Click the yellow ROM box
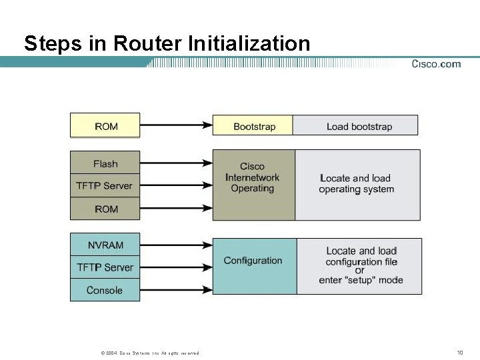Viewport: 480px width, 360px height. point(105,125)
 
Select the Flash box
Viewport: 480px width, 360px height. point(105,164)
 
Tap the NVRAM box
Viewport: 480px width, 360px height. point(105,245)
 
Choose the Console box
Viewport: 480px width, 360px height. point(105,290)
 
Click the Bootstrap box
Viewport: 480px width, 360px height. point(253,126)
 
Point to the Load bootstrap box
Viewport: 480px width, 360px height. point(356,126)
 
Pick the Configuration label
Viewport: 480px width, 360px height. point(253,261)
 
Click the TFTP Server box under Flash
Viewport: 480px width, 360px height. point(105,186)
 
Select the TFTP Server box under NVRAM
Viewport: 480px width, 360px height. point(105,267)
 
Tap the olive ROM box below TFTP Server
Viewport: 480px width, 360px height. point(105,209)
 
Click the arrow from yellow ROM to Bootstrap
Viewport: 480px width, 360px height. point(176,125)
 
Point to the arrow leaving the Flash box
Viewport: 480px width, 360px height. point(176,162)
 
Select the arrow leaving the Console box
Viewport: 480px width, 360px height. point(176,290)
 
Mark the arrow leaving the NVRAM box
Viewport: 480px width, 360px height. point(176,245)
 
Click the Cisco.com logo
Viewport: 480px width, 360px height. point(435,64)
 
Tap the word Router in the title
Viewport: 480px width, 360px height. point(149,44)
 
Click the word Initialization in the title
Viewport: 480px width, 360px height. point(249,44)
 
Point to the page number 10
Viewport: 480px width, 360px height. point(460,352)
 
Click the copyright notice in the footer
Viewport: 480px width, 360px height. point(149,353)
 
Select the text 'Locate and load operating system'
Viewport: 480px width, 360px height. point(356,184)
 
